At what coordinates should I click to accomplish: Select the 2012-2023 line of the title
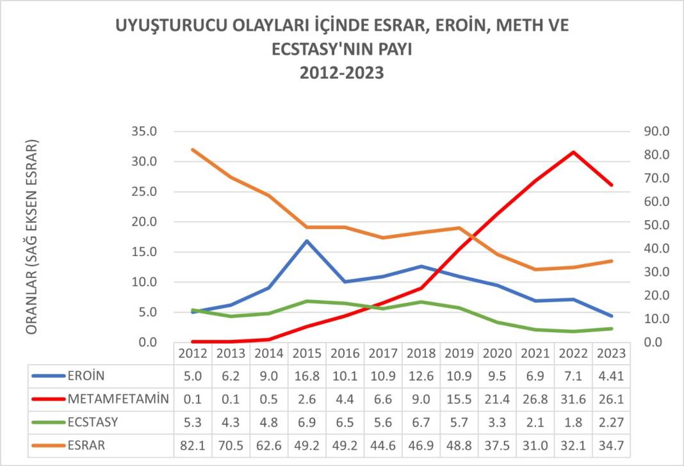click(342, 73)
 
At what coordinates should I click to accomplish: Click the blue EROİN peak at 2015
click(307, 241)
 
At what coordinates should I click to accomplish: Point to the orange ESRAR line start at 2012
click(193, 150)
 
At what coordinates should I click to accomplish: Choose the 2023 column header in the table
click(611, 353)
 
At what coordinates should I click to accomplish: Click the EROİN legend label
click(86, 376)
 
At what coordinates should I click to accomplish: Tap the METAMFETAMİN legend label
click(118, 399)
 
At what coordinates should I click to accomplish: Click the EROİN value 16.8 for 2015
click(306, 376)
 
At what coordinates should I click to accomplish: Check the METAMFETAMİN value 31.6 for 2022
click(573, 399)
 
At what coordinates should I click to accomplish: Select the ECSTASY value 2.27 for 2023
click(611, 422)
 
